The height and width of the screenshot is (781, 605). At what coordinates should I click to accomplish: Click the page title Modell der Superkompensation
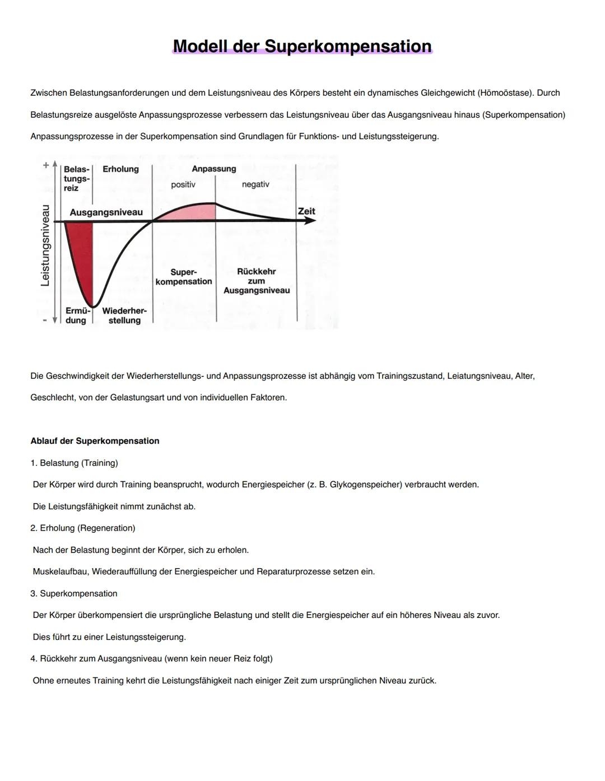point(302,46)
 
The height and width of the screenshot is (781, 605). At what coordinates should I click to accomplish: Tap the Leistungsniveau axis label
point(45,245)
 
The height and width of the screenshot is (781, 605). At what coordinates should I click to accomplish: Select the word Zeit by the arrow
point(306,211)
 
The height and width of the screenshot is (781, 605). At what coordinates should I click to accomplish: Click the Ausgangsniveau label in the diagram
point(106,212)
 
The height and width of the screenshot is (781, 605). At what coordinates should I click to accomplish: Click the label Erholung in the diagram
point(120,169)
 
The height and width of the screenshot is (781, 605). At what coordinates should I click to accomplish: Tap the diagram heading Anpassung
point(214,169)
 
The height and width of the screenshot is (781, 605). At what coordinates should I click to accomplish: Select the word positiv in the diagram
point(183,184)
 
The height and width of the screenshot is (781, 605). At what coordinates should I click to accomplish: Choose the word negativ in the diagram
point(255,184)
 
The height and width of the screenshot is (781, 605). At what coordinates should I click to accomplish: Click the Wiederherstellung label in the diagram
point(124,315)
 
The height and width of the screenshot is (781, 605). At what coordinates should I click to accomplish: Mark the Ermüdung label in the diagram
point(77,315)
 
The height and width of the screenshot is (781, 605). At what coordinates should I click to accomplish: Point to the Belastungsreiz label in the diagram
point(76,179)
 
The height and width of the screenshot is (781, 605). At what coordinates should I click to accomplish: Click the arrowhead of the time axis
point(309,221)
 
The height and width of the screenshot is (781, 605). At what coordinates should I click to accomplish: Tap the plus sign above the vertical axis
point(45,165)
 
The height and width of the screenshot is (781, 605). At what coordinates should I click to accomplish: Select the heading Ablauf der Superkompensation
point(95,441)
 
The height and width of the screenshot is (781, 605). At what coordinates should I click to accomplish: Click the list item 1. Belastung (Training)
point(74,463)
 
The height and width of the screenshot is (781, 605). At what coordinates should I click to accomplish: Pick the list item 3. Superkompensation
point(74,593)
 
